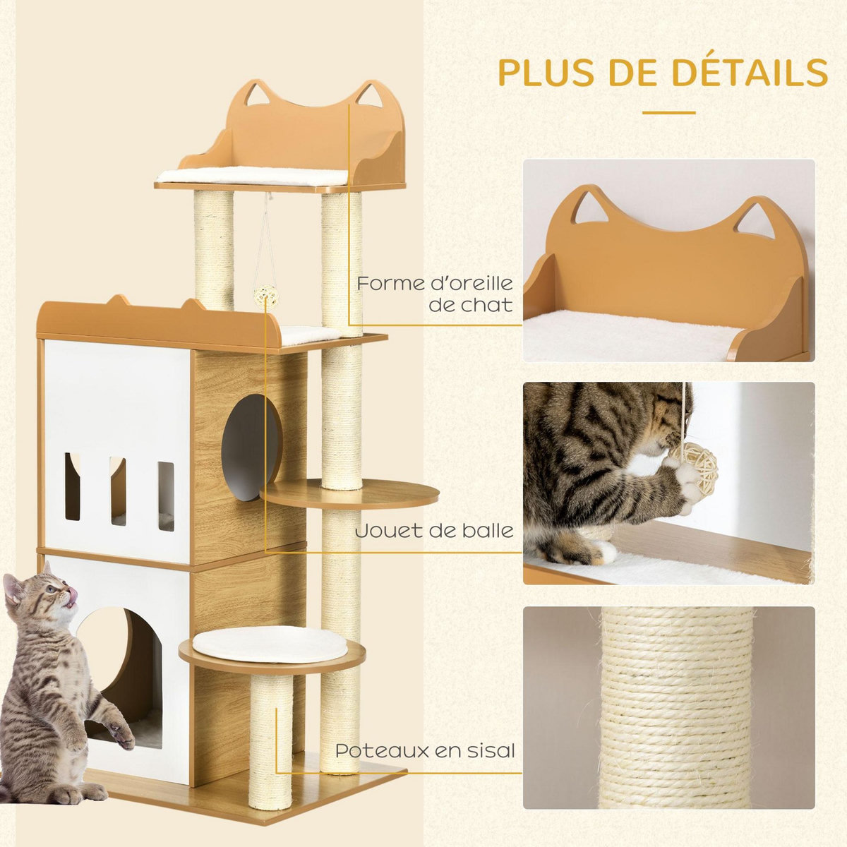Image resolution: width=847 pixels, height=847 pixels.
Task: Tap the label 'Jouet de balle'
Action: coord(434,530)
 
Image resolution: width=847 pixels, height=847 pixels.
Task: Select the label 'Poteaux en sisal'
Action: coord(425,750)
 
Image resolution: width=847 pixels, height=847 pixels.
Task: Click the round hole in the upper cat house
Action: coord(251,447)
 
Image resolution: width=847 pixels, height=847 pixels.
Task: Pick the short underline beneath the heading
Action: coord(668,112)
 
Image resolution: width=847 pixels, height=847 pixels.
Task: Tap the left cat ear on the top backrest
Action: coord(251,93)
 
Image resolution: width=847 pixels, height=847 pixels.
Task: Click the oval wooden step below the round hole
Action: coord(349,494)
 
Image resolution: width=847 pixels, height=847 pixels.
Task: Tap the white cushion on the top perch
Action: coord(253,176)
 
